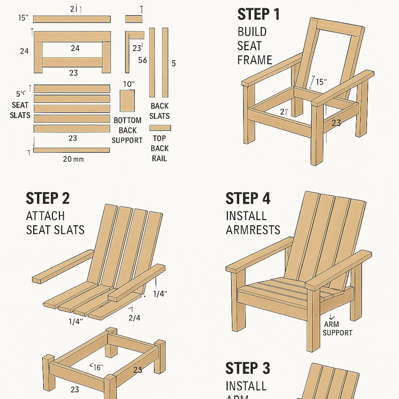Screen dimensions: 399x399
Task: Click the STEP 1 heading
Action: (x=258, y=15)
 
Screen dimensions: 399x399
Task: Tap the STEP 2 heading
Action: (x=48, y=199)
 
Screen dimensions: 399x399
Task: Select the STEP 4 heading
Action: (x=248, y=199)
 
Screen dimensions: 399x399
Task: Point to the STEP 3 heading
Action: (x=248, y=369)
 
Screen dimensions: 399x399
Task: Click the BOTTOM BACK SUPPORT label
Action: (x=127, y=130)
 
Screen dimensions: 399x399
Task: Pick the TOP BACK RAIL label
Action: (x=159, y=148)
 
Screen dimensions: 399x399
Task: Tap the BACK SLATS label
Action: (x=160, y=111)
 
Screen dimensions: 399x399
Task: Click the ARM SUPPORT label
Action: (x=337, y=329)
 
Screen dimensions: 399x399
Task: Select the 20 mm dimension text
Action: (x=73, y=159)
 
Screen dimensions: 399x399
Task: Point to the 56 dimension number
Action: (x=142, y=60)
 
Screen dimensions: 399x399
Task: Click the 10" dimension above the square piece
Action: (x=129, y=84)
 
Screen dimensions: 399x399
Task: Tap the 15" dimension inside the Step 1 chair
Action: (x=321, y=82)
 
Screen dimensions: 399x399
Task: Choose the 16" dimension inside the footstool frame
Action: (x=97, y=367)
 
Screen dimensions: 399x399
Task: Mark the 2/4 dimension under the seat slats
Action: (x=134, y=318)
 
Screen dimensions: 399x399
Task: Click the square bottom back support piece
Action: (x=127, y=101)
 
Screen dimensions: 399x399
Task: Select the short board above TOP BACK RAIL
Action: (x=160, y=128)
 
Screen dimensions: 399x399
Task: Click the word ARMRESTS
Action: (x=253, y=230)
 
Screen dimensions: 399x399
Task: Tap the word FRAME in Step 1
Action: (x=254, y=60)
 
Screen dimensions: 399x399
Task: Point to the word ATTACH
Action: (x=45, y=216)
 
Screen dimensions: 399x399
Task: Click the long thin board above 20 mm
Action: (x=71, y=150)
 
